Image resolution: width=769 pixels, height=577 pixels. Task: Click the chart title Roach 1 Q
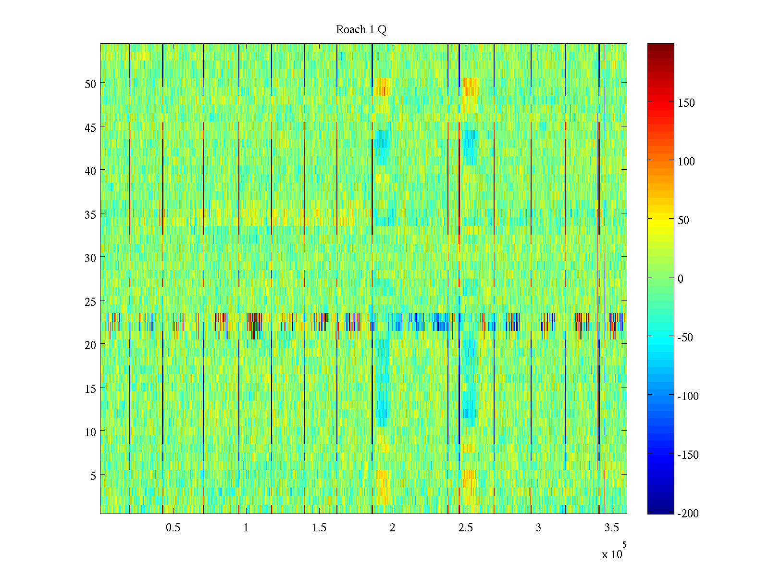pos(361,30)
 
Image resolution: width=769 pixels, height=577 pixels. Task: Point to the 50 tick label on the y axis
pos(90,84)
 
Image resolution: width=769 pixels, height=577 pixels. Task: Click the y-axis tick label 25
pos(90,301)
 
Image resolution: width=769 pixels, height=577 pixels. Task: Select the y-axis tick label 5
pos(93,476)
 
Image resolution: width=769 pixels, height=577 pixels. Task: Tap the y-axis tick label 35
pos(90,214)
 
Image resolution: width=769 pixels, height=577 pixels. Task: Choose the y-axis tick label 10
pos(90,432)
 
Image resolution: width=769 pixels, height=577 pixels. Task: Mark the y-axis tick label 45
pos(90,127)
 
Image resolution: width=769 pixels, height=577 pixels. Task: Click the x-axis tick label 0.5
pos(173,528)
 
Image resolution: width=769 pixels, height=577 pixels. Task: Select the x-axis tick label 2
pos(393,528)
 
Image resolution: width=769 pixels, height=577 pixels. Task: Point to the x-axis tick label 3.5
pos(612,528)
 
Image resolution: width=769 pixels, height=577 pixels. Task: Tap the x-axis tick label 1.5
pos(319,528)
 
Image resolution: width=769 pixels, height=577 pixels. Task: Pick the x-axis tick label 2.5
pos(466,528)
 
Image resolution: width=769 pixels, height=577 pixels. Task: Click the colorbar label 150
pos(686,103)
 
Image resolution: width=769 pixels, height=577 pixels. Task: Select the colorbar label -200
pos(688,514)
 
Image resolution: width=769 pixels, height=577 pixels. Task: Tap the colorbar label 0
pos(680,279)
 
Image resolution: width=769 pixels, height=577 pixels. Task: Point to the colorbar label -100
pos(688,396)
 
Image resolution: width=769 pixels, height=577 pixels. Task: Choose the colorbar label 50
pos(683,220)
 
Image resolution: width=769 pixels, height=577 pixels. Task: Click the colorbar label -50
pos(685,338)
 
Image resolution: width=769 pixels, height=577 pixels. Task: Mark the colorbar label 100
pos(686,162)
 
